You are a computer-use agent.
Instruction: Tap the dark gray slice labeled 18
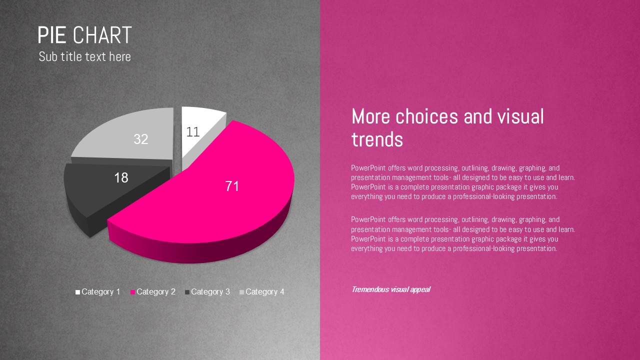[x=114, y=188]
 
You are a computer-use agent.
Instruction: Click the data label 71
[x=232, y=186]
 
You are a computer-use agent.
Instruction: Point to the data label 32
[x=141, y=139]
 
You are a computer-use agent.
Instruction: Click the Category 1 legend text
[x=101, y=291]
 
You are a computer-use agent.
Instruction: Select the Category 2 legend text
[x=156, y=291]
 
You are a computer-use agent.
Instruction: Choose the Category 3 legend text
[x=210, y=291]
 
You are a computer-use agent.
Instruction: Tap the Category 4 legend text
[x=265, y=291]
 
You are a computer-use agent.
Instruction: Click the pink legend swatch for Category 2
[x=132, y=292]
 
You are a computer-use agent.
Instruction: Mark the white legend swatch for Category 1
[x=77, y=292]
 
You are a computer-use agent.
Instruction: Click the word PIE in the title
[x=52, y=35]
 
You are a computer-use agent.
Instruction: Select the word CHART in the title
[x=102, y=35]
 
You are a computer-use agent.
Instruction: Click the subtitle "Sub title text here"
[x=85, y=56]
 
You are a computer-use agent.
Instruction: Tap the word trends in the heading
[x=377, y=139]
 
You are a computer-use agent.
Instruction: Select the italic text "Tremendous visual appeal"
[x=391, y=289]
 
